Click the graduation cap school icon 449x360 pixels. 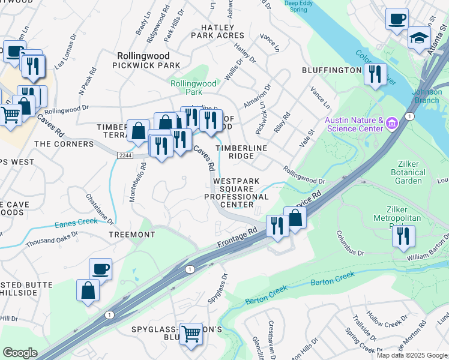[419, 38]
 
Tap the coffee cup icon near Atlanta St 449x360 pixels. [397, 19]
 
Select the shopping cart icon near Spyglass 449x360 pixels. [191, 333]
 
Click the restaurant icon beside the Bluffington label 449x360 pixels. [375, 74]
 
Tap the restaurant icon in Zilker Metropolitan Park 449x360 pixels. [403, 236]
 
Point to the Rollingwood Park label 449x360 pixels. [193, 88]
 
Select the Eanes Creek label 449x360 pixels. [76, 224]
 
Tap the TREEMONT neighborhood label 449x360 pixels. [132, 235]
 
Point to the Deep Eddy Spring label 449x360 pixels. [298, 7]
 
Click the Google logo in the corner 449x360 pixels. [20, 353]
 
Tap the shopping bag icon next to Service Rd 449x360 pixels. [295, 218]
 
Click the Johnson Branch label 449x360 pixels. [427, 96]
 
